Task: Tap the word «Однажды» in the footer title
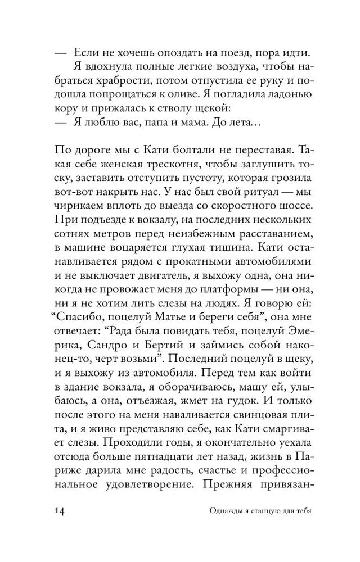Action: [x=207, y=527]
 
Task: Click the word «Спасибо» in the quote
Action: [x=80, y=319]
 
